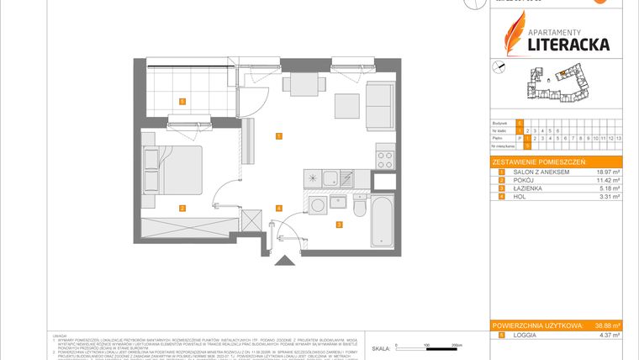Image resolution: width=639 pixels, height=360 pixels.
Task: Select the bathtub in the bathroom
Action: (x=383, y=220)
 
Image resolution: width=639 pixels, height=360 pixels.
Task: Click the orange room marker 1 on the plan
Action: (x=277, y=135)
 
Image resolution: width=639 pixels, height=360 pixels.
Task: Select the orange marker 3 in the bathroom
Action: (x=338, y=225)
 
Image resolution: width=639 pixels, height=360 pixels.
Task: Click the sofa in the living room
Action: (x=379, y=107)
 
